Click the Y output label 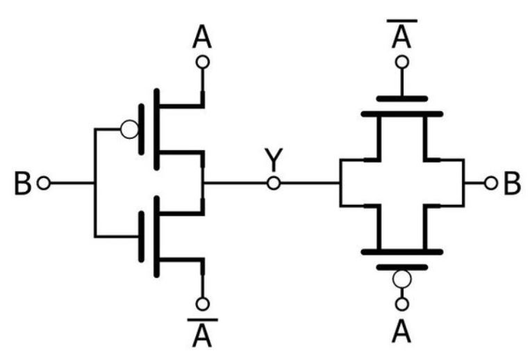(x=273, y=161)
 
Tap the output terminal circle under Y (x=274, y=183)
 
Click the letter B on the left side (x=23, y=183)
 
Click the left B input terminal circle (x=44, y=183)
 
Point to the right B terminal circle (x=490, y=183)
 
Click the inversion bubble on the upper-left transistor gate (x=129, y=129)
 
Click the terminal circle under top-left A (x=202, y=63)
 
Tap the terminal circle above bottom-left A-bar (x=202, y=304)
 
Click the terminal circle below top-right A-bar (x=401, y=63)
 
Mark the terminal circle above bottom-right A (x=401, y=304)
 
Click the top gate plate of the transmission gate (x=401, y=98)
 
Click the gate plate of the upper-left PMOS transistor (x=142, y=129)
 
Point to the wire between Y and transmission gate (x=309, y=183)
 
